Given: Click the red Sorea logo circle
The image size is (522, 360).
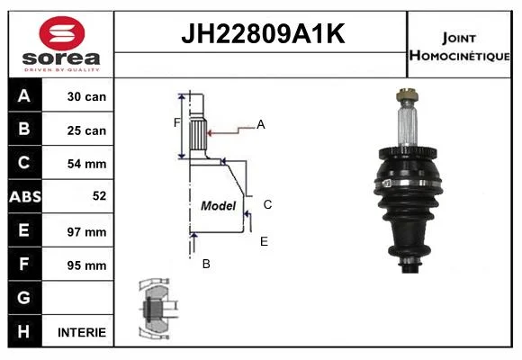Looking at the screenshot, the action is (62, 33).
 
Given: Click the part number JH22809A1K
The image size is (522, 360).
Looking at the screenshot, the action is (263, 33).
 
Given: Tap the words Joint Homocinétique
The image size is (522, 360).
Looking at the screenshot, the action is (459, 47).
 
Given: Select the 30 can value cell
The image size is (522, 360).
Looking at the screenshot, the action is (78, 95).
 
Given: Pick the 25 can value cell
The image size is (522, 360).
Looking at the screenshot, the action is (78, 130).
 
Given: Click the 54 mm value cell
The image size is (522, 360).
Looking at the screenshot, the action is (78, 163).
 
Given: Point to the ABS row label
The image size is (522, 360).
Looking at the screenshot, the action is (25, 196).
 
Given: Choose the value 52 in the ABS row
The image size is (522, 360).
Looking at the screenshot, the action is (100, 196).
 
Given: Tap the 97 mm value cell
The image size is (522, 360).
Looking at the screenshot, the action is (78, 230).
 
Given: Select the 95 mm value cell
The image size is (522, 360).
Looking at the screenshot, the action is (78, 265).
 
